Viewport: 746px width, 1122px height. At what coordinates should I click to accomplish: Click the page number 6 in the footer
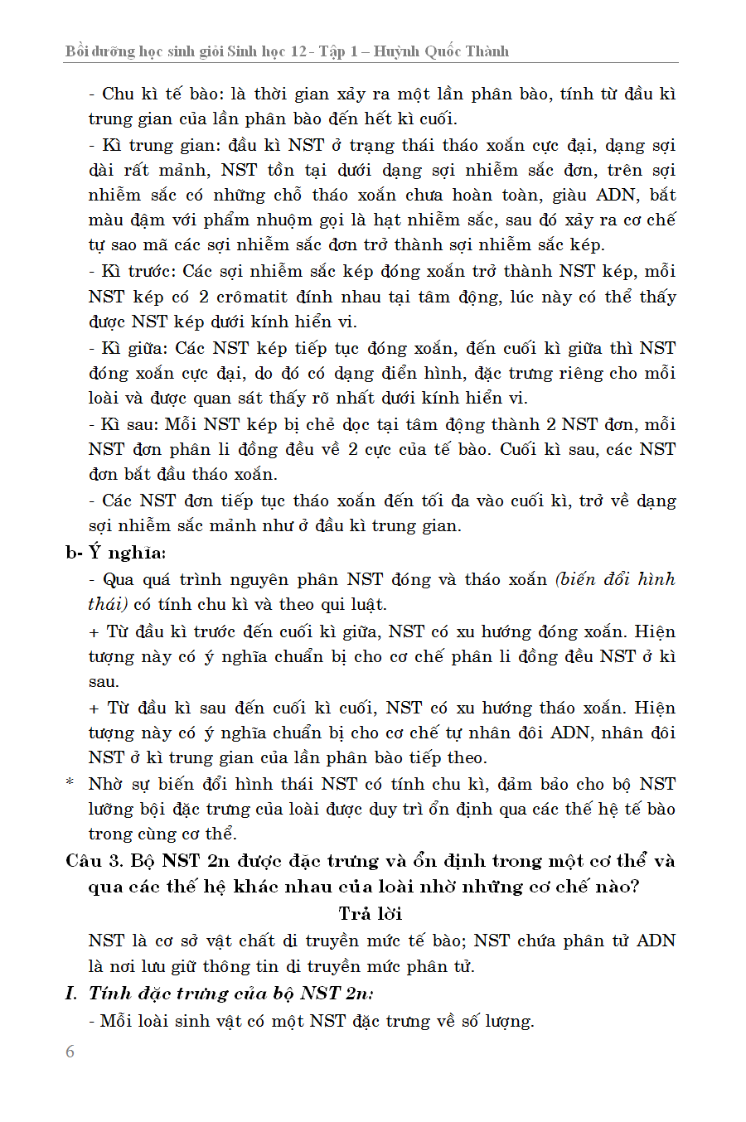point(70,1052)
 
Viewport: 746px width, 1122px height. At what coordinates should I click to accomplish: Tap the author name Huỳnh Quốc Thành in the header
point(441,51)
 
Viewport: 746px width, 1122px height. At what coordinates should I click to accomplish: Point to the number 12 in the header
point(298,51)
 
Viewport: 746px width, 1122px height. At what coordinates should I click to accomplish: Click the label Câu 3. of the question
point(94,861)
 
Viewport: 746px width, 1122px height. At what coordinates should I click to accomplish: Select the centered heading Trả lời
point(371,913)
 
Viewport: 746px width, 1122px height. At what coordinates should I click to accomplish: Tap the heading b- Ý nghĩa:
point(116,553)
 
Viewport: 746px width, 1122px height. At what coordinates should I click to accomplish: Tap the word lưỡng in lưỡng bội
point(114,809)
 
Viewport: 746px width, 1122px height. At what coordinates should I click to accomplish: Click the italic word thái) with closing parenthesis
point(108,604)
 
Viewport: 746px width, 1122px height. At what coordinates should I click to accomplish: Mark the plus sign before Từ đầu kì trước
point(94,631)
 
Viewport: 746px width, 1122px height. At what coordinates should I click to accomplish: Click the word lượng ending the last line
point(507,1021)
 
